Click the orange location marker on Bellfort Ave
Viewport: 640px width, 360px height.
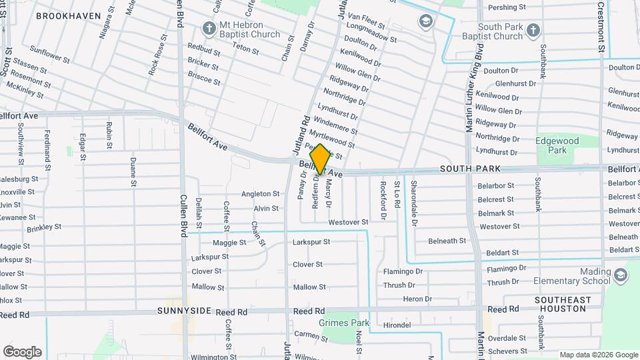tap(320, 159)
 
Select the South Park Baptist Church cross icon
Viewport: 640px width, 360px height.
tap(533, 29)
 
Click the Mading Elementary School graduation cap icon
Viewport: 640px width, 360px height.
tap(621, 275)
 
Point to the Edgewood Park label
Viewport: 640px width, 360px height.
tap(557, 146)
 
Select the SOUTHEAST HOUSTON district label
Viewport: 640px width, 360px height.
tap(563, 305)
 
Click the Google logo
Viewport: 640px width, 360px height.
tap(22, 352)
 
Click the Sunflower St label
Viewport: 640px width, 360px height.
tap(49, 55)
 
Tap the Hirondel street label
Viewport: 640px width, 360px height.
tap(397, 325)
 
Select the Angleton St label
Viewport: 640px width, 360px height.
tap(260, 193)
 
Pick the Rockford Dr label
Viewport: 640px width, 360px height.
tap(383, 201)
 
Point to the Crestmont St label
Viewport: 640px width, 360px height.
tap(601, 27)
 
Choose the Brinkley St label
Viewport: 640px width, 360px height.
tap(44, 227)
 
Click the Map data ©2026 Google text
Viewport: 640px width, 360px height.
tap(598, 355)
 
